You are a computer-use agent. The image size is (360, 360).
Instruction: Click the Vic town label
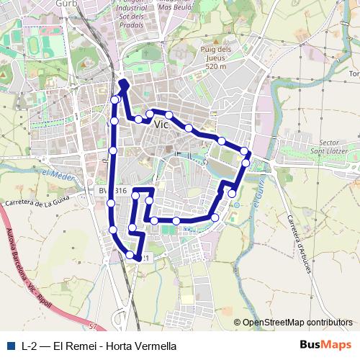[x=161, y=124]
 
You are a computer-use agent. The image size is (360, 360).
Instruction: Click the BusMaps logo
[x=325, y=345]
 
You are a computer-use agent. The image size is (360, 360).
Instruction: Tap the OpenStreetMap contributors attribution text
[x=297, y=323]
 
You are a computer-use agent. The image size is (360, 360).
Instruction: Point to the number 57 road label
[x=92, y=327]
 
